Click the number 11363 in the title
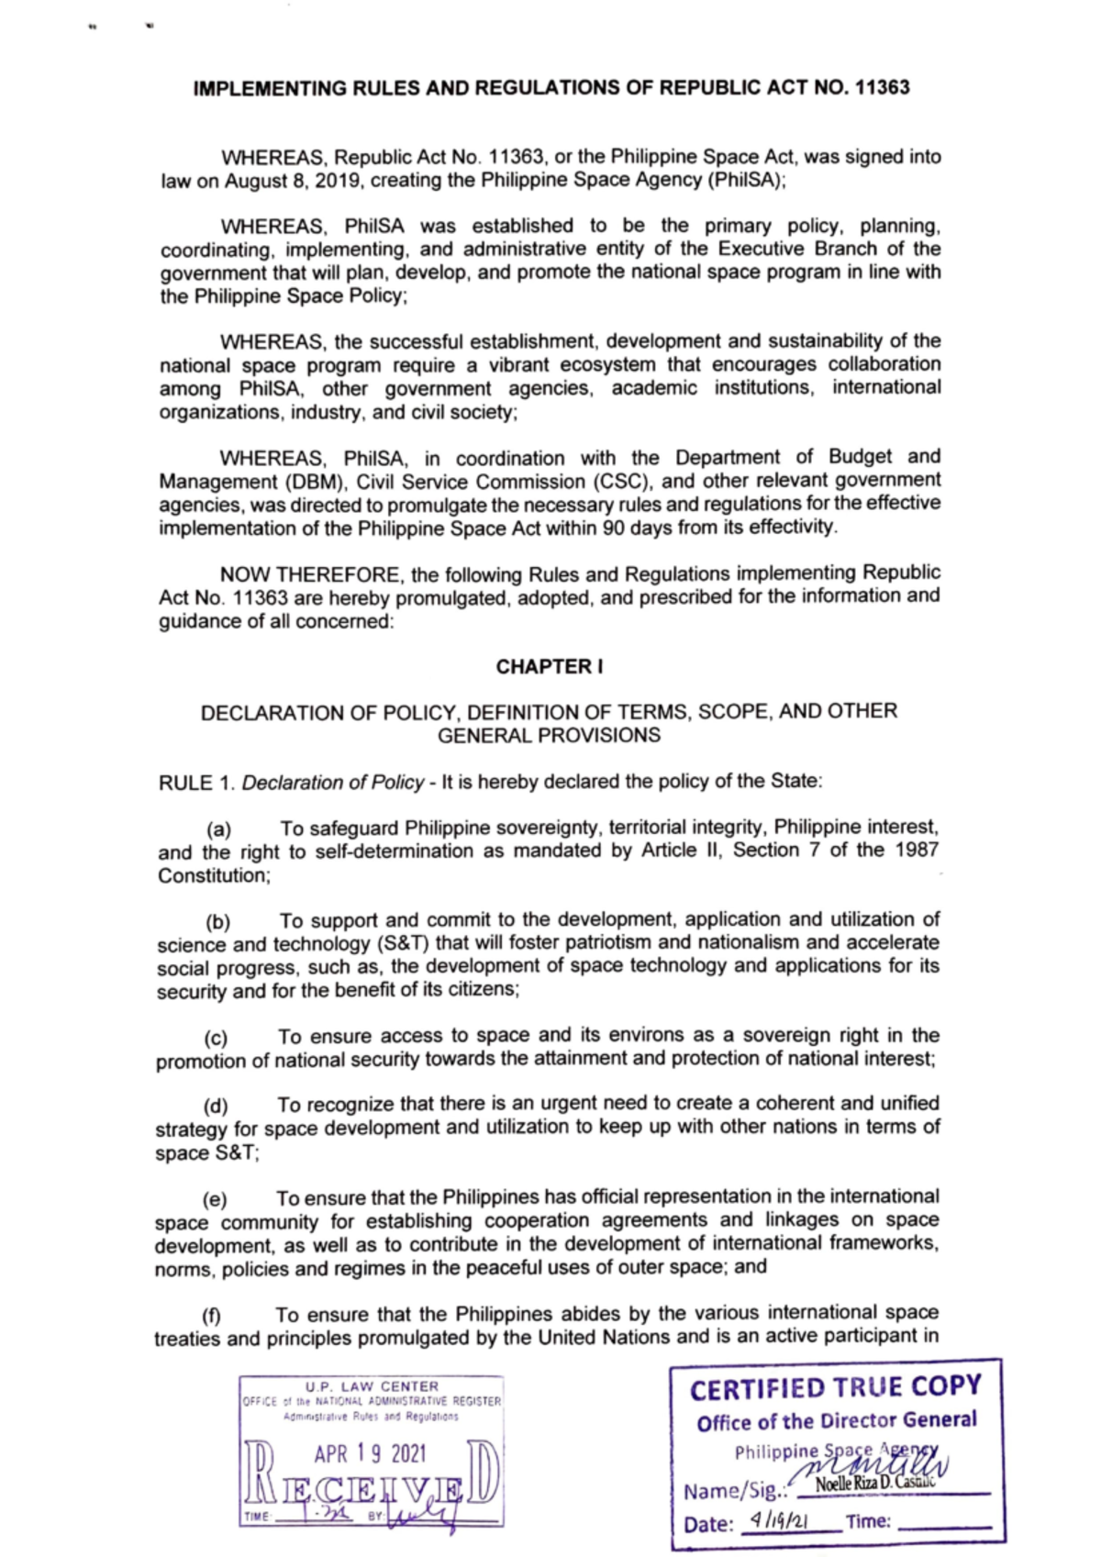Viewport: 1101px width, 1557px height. pos(882,88)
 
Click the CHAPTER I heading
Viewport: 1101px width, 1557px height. pos(549,667)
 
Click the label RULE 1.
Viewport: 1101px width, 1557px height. pos(196,783)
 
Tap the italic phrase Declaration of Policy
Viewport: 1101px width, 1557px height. pos(332,783)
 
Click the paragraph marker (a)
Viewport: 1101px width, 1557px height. pos(218,830)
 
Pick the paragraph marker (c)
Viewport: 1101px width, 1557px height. pos(216,1038)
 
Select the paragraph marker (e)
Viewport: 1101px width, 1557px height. pos(215,1200)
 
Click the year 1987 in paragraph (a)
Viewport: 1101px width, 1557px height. pos(916,851)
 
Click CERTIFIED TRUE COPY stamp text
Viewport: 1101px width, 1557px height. pos(835,1387)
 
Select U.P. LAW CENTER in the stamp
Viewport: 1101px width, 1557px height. pos(373,1386)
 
